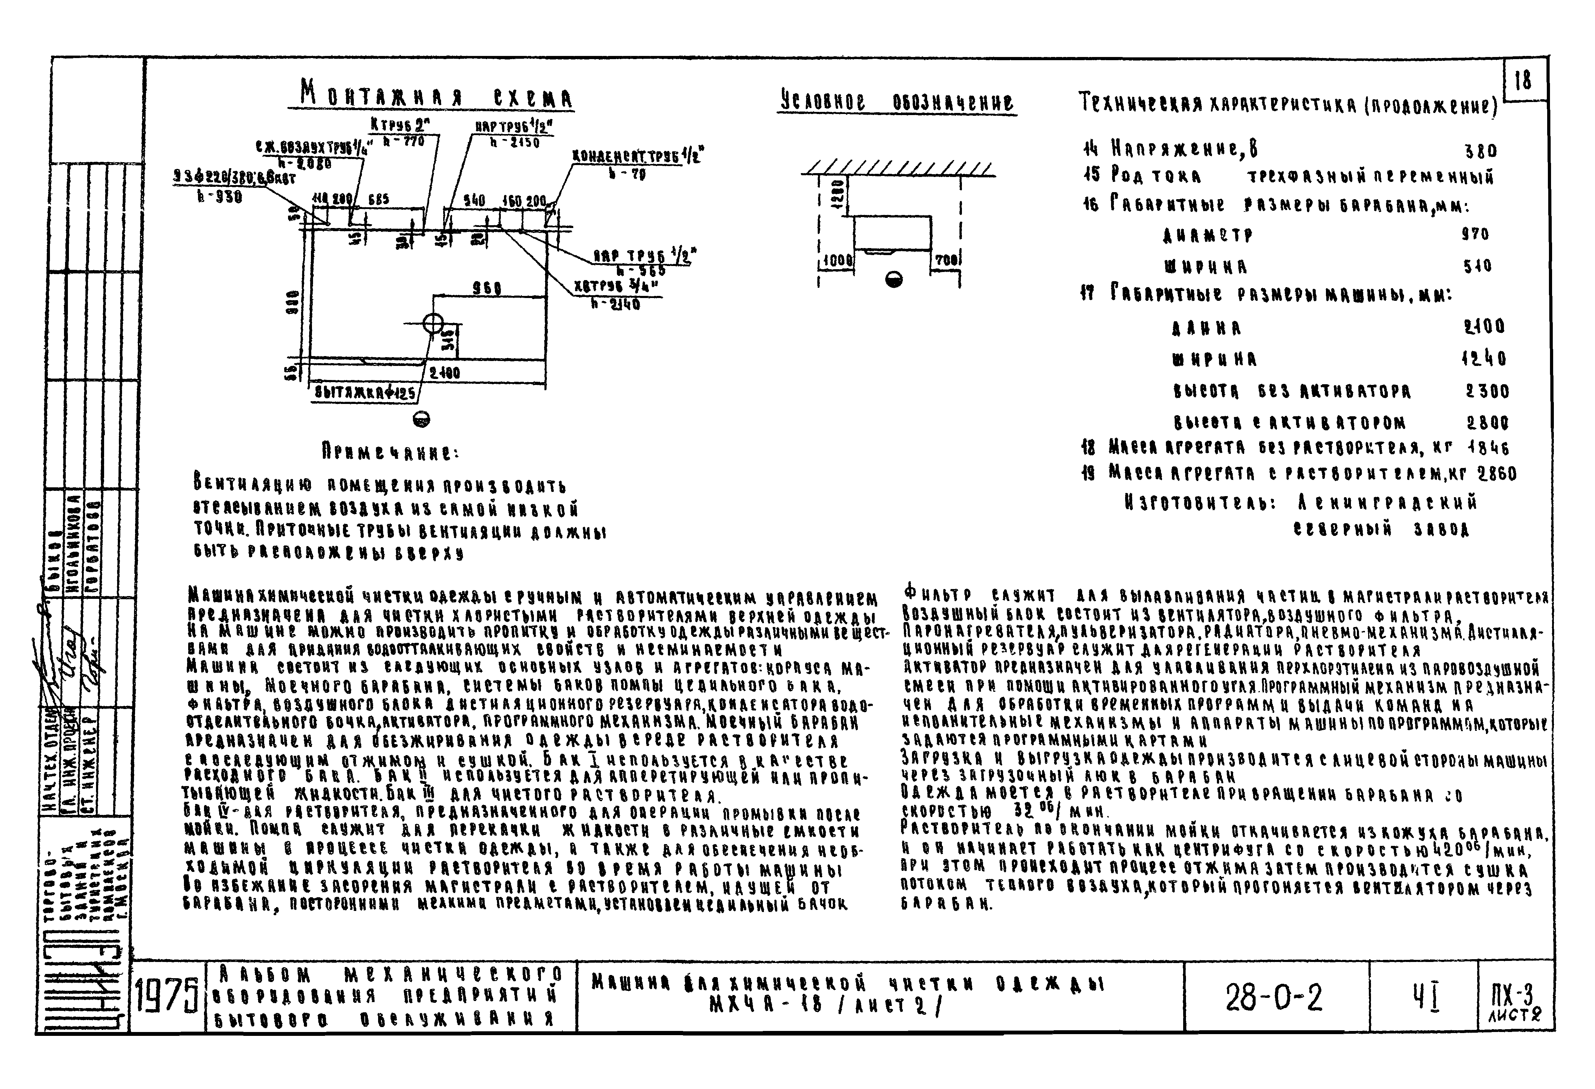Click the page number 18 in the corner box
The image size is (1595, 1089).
[x=1522, y=81]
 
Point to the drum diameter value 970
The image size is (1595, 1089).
[x=1475, y=234]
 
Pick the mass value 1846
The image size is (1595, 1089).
[x=1488, y=448]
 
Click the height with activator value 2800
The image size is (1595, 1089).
[x=1487, y=422]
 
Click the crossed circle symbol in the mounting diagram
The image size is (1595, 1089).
[x=433, y=323]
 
